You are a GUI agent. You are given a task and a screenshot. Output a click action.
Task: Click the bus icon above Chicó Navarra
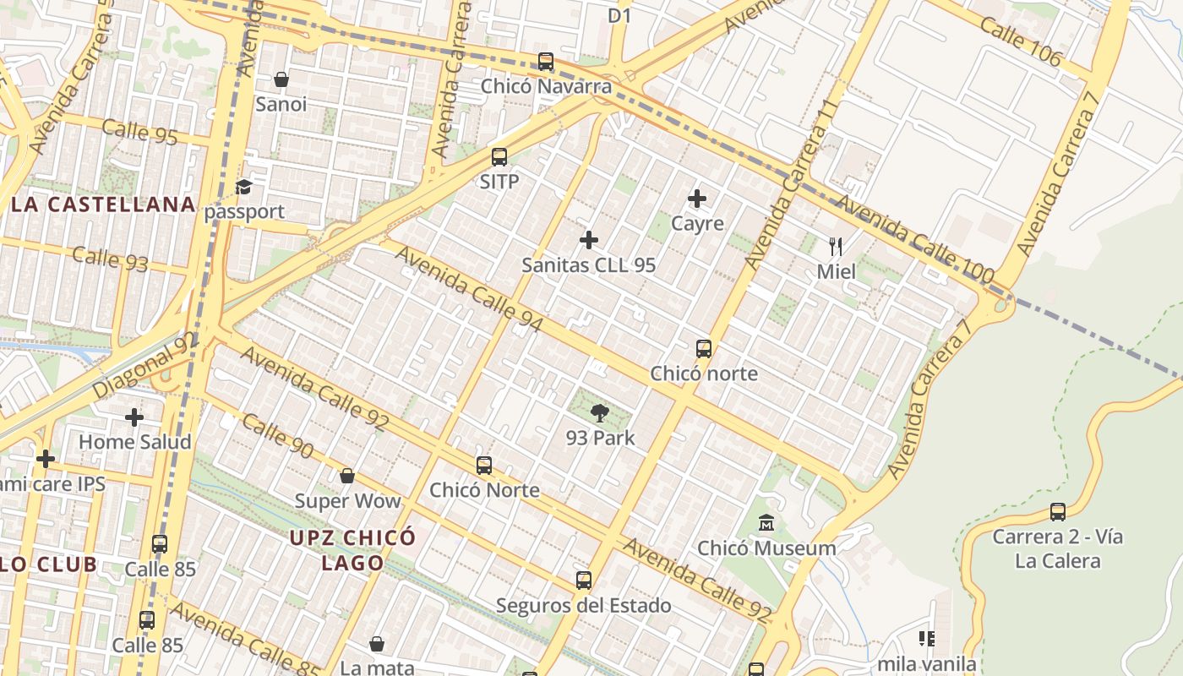tap(546, 62)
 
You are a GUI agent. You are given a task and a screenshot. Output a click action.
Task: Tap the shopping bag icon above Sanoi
tap(281, 79)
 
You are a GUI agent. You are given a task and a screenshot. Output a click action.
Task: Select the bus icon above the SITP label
tap(499, 157)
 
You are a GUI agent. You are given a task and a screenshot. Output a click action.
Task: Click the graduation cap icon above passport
tap(244, 187)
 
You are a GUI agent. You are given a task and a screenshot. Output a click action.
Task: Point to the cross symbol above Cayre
tap(697, 199)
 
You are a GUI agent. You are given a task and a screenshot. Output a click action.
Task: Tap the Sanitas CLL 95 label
tap(588, 264)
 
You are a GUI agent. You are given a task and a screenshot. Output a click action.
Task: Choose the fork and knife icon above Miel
tap(836, 247)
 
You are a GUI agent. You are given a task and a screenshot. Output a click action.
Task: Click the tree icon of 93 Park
tap(600, 413)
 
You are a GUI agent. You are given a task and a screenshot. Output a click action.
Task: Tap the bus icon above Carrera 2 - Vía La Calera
tap(1057, 512)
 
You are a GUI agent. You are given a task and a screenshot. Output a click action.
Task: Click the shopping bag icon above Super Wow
tap(346, 476)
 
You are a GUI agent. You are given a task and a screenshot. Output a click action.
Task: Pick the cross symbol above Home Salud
tap(134, 417)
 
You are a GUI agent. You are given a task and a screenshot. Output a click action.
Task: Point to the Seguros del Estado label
tap(583, 605)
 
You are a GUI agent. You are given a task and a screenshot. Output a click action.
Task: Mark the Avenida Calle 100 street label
tap(914, 239)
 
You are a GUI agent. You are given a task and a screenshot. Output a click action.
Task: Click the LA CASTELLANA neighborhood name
tap(103, 204)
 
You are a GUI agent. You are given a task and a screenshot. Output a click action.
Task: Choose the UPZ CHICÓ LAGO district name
tap(352, 550)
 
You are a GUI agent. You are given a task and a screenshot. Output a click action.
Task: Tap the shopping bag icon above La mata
tap(377, 645)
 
